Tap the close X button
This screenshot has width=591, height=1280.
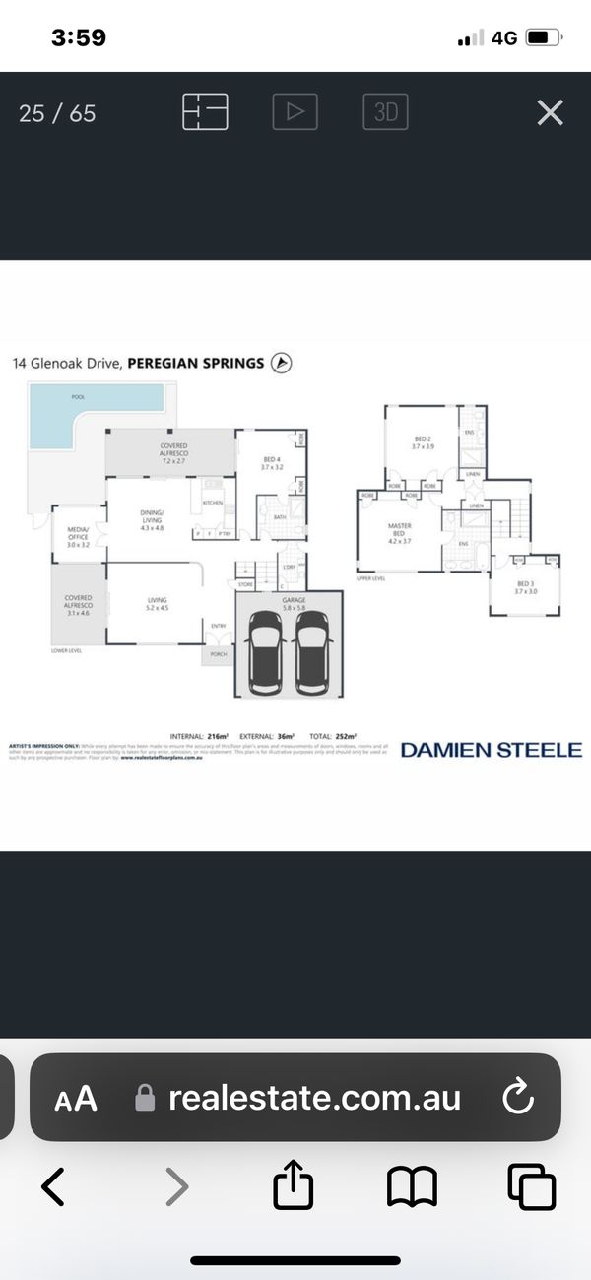pos(550,112)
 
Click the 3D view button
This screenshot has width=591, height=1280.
pos(385,112)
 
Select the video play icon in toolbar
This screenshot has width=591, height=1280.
pos(295,112)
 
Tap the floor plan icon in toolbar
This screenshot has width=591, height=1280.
pos(205,112)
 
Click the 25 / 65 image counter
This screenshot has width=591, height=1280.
pos(57,113)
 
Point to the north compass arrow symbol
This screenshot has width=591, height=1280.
pos(282,363)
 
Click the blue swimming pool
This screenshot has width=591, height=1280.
pos(89,404)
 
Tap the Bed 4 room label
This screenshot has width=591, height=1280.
pos(272,464)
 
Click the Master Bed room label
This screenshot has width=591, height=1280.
pos(399,533)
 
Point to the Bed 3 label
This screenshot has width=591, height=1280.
pos(525,587)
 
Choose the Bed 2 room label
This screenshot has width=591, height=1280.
pos(423,442)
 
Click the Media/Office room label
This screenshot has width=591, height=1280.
pos(78,538)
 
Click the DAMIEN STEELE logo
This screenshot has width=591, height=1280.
pos(491,750)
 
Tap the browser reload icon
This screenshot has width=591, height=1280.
pos(517,1098)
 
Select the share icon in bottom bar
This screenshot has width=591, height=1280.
pos(294,1186)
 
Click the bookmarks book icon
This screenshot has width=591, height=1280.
pos(412,1186)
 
